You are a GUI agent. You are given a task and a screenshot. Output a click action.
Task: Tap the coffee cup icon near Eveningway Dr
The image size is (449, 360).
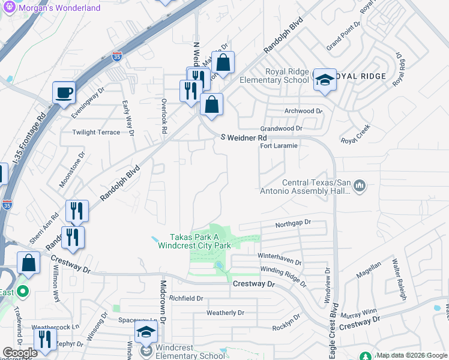pyautogui.click(x=64, y=93)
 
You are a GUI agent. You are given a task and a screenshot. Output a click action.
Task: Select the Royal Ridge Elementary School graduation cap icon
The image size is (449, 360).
pyautogui.click(x=324, y=80)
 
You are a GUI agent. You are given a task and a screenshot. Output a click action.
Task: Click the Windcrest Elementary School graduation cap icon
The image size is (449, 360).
pyautogui.click(x=146, y=332)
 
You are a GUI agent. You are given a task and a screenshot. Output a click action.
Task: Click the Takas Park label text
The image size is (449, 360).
pyautogui.click(x=194, y=241)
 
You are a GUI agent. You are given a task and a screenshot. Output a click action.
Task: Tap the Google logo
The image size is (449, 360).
pyautogui.click(x=20, y=353)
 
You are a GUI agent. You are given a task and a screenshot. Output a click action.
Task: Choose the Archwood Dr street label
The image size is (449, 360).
pyautogui.click(x=303, y=111)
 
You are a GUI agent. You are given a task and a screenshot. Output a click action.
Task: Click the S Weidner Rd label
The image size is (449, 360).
pyautogui.click(x=243, y=137)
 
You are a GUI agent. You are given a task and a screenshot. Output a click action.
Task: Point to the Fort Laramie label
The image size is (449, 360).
pyautogui.click(x=279, y=146)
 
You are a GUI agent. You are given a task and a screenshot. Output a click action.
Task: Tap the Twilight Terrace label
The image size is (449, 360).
pyautogui.click(x=96, y=132)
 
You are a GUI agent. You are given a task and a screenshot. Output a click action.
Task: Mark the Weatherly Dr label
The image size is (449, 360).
pyautogui.click(x=225, y=313)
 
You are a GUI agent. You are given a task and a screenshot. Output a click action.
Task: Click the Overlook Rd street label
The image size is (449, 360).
pyautogui.click(x=164, y=116)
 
